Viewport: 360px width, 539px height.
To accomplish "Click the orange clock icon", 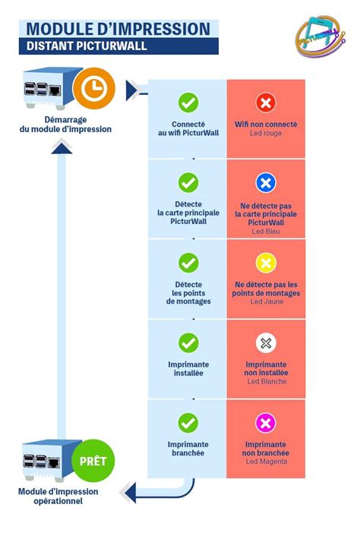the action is coord(94,88).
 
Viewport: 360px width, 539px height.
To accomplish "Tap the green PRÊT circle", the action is coord(93,461).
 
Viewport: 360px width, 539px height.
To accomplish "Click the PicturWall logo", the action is coord(321,36).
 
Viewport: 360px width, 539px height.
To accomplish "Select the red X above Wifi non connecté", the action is coord(266,102).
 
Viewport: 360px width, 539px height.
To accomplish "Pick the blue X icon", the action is coord(266,182).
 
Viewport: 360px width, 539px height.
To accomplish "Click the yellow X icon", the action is coord(266,263).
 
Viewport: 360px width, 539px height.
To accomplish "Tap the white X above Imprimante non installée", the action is coord(266,342).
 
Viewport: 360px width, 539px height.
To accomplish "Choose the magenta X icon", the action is coord(266,423).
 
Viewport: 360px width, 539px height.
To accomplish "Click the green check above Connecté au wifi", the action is coord(188,102).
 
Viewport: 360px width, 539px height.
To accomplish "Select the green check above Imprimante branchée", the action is coord(188,423).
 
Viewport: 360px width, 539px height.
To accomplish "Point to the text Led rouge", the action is coord(266,133).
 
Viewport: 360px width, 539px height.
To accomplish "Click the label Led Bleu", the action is coord(266,232).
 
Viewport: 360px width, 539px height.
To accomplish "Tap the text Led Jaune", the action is coord(267,301).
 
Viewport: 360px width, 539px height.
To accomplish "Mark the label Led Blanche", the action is coord(267,381).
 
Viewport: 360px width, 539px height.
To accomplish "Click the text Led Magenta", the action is coord(267,462).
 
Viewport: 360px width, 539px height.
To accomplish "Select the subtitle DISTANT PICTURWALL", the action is coord(87,46).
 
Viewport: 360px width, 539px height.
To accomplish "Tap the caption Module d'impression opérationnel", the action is coord(58,496).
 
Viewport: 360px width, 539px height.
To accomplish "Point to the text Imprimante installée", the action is coord(188,368).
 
